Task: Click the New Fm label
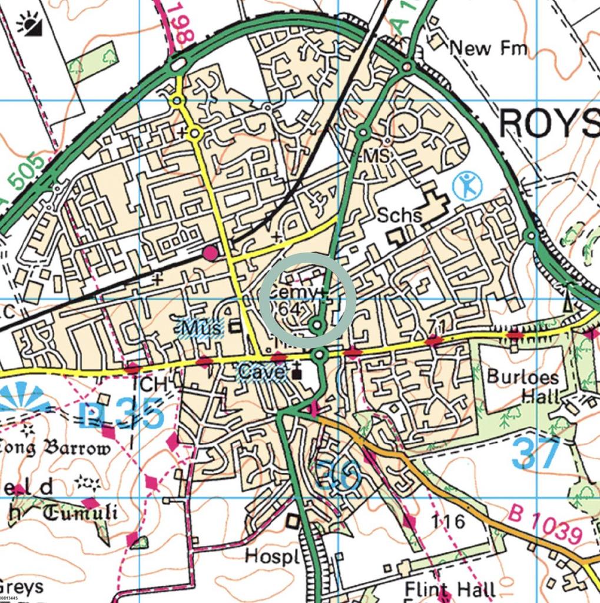pos(488,48)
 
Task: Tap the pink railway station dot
pos(210,253)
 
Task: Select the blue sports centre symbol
pos(468,186)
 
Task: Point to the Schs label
pos(400,215)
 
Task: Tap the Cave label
pos(262,372)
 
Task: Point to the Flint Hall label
pos(450,589)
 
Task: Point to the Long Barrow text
pos(56,449)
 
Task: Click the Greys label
pos(22,587)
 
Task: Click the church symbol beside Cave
pos(297,373)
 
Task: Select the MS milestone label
pos(377,156)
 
